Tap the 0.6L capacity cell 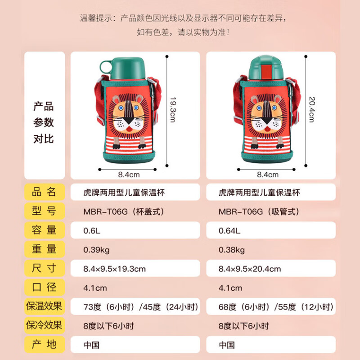pyautogui.click(x=135, y=230)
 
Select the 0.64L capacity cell pyautogui.click(x=270, y=230)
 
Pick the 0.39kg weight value pyautogui.click(x=135, y=250)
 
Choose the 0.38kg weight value pyautogui.click(x=270, y=250)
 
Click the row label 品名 pyautogui.click(x=44, y=192)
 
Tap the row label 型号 pyautogui.click(x=44, y=211)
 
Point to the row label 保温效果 pyautogui.click(x=44, y=306)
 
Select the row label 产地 pyautogui.click(x=44, y=344)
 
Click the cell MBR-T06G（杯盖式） pyautogui.click(x=135, y=211)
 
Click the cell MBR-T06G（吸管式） pyautogui.click(x=270, y=211)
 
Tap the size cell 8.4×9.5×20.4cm pyautogui.click(x=270, y=269)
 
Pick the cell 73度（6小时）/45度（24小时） pyautogui.click(x=135, y=307)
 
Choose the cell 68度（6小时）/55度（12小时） pyautogui.click(x=270, y=307)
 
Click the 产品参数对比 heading pyautogui.click(x=44, y=122)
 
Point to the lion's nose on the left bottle pyautogui.click(x=129, y=121)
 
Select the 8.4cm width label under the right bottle pyautogui.click(x=268, y=174)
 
